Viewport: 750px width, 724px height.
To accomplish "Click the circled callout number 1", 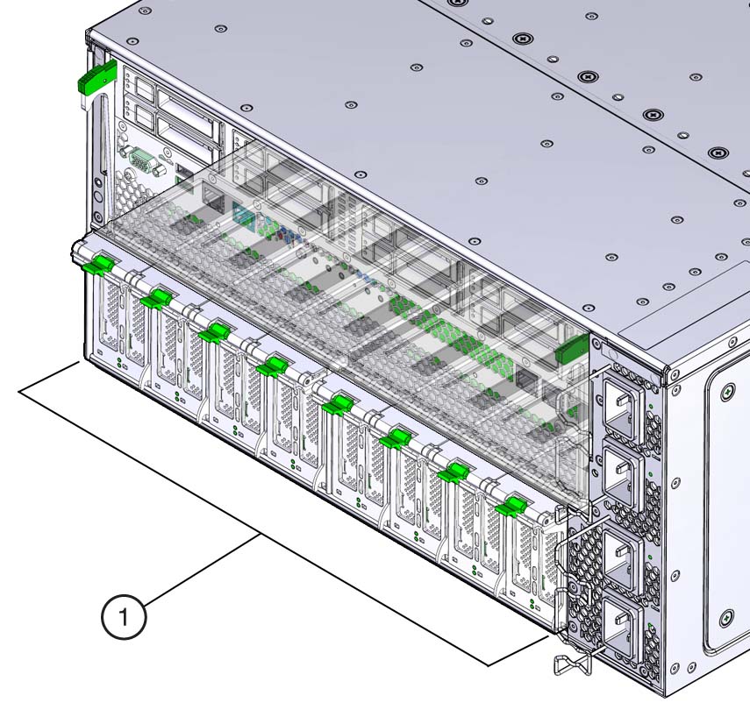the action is [124, 616].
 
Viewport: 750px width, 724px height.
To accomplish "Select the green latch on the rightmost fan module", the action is [511, 507].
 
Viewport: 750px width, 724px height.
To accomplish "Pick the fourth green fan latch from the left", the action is [272, 366].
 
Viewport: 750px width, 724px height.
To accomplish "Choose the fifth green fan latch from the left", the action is [339, 404].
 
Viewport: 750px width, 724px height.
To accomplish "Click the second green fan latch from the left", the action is [156, 298].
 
